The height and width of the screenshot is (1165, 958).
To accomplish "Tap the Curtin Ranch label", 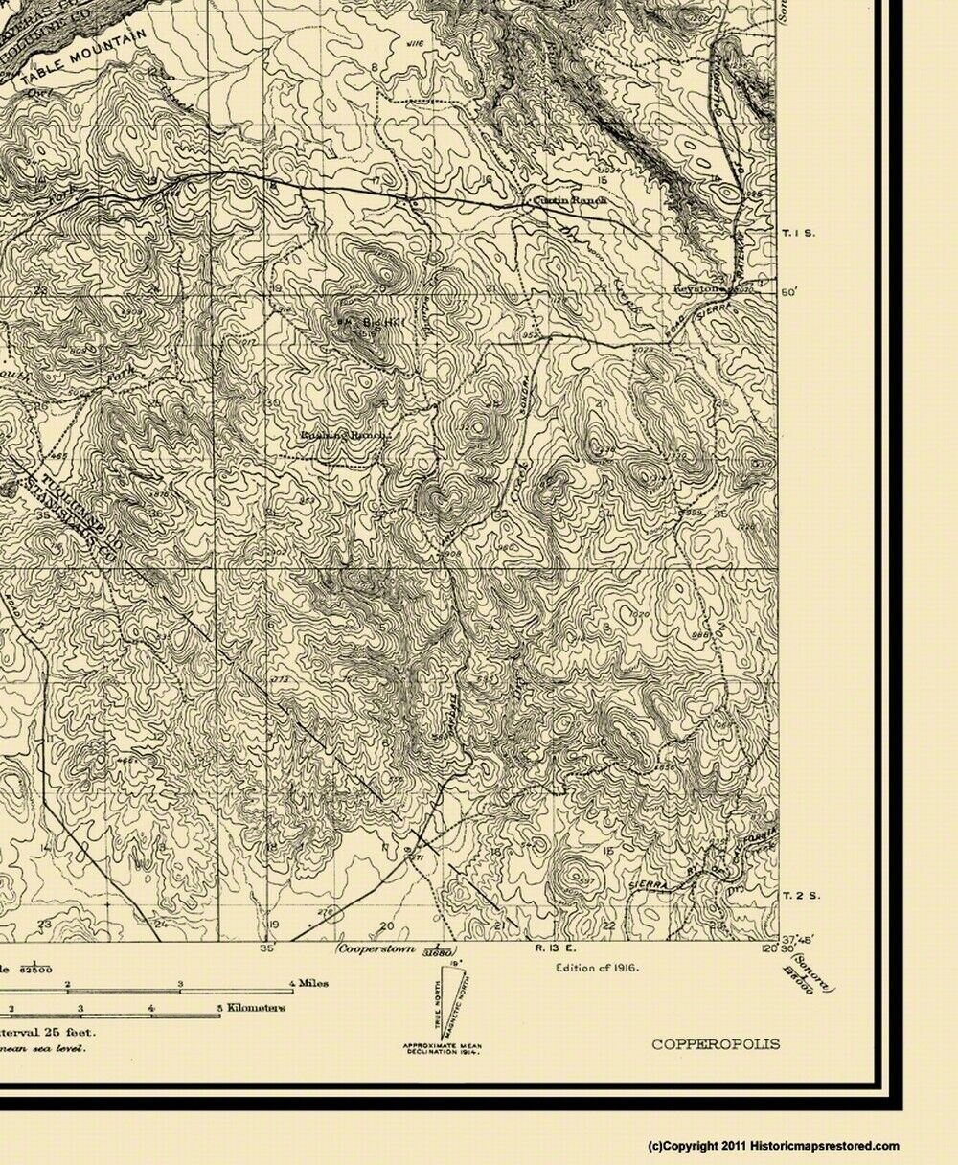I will tap(566, 201).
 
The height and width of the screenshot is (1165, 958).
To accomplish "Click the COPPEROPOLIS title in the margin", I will tap(716, 1044).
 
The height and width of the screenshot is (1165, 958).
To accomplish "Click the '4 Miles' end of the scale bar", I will tap(307, 983).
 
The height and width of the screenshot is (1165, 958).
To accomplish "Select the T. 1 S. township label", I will tap(798, 233).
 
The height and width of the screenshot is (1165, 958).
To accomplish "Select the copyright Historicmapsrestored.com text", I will tap(774, 1146).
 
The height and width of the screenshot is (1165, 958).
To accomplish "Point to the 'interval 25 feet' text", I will tap(43, 1032).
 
